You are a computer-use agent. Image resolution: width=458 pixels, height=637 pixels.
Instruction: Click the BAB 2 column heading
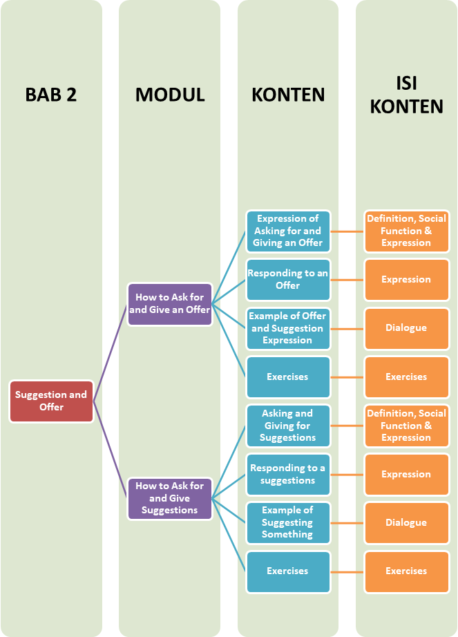click(51, 95)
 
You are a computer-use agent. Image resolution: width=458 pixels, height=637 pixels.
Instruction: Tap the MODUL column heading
click(170, 95)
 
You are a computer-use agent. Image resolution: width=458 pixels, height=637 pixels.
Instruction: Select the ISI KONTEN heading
click(406, 95)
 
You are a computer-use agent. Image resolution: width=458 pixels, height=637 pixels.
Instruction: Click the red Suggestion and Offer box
click(51, 401)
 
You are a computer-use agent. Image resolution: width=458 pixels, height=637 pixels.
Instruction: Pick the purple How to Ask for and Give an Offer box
click(170, 304)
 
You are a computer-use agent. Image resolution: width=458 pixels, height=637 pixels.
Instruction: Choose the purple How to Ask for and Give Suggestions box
click(170, 498)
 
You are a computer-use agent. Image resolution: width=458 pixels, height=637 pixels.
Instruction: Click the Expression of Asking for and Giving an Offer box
click(287, 231)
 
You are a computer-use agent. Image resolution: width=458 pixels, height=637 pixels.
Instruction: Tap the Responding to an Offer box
click(287, 279)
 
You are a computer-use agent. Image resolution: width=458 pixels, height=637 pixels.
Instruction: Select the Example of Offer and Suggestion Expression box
click(287, 328)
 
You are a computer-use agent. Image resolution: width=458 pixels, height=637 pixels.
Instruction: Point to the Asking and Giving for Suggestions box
click(287, 426)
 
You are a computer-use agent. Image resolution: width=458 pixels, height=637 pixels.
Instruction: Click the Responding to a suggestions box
click(287, 474)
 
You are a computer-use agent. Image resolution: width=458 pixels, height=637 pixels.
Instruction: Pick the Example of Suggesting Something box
click(287, 522)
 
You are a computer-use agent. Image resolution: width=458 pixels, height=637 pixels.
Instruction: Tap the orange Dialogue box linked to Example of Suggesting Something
click(406, 522)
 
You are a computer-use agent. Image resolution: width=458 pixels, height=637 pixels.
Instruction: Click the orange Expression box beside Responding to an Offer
click(406, 279)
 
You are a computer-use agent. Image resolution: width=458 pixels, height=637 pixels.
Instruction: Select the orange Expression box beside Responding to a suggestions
click(406, 474)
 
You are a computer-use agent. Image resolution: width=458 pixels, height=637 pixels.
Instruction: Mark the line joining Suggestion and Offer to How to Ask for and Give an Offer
click(111, 352)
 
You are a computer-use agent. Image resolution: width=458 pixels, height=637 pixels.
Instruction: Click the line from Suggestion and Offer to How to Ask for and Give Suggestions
click(111, 449)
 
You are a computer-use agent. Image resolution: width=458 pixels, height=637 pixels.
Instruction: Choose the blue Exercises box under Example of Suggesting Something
click(287, 571)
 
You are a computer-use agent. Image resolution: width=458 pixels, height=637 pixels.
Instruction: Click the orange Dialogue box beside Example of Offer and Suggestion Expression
click(406, 328)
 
